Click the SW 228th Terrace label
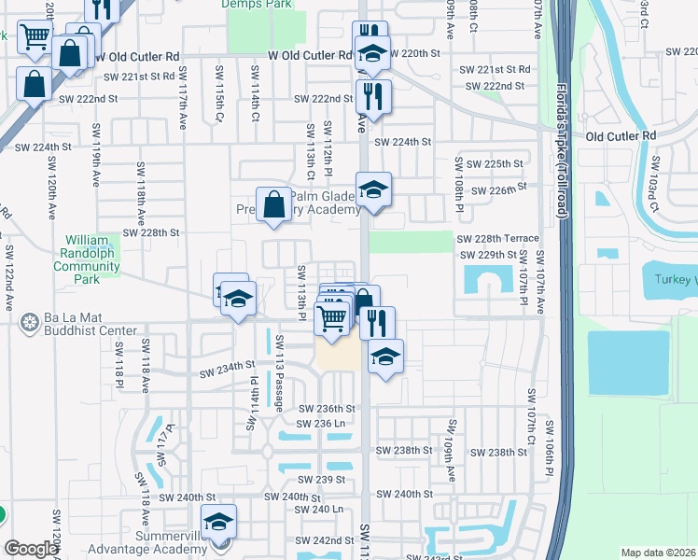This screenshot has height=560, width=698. click(x=497, y=239)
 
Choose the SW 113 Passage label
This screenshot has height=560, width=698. click(x=279, y=371)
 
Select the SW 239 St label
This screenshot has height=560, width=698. click(x=327, y=480)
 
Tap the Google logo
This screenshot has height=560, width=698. click(x=31, y=549)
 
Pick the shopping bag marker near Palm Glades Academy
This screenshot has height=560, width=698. click(x=273, y=203)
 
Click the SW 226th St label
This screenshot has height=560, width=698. click(x=499, y=190)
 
